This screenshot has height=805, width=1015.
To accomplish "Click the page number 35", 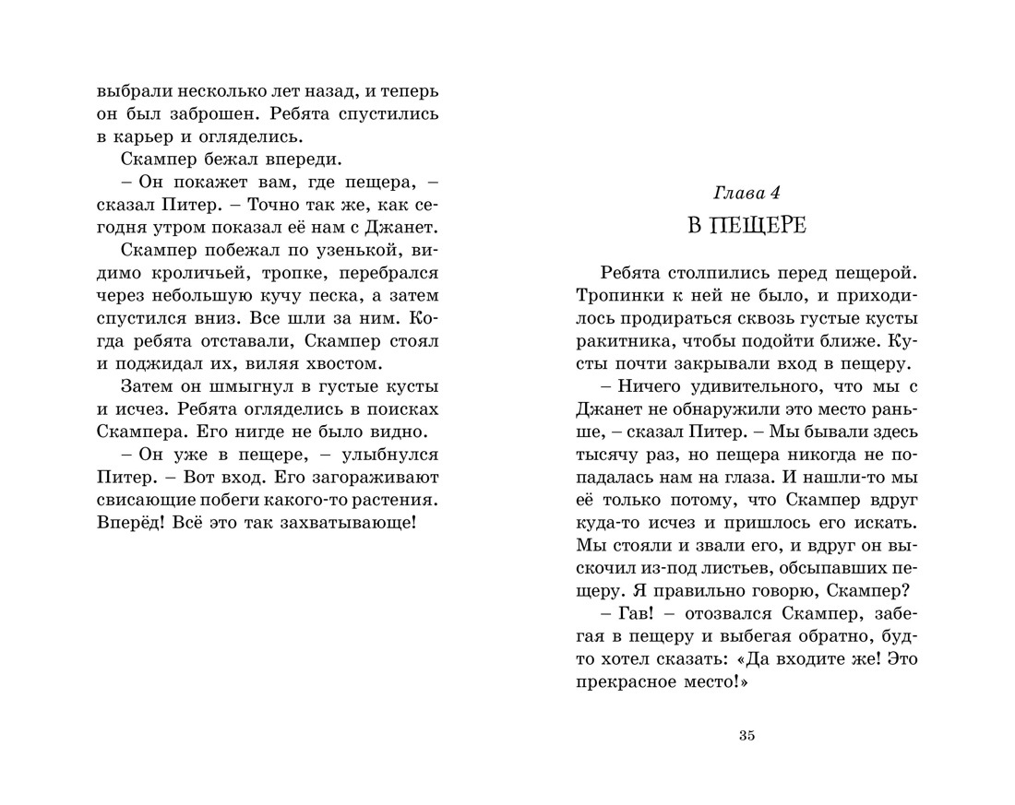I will (747, 735).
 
